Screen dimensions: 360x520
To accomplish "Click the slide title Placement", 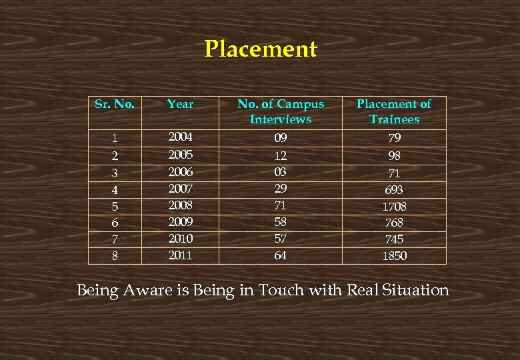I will click(261, 49).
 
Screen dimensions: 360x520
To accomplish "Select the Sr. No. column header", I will click(115, 104).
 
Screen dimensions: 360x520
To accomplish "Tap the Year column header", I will click(180, 104).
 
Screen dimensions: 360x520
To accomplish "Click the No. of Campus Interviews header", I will click(281, 111).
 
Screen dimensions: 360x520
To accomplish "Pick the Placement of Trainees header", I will click(394, 111).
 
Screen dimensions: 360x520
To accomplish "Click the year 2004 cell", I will click(180, 137).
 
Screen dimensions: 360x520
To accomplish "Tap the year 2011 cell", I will click(180, 255).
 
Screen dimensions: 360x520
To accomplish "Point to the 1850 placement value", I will click(394, 256).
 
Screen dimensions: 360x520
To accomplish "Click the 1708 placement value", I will click(394, 207).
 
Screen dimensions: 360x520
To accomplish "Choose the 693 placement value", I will click(394, 190).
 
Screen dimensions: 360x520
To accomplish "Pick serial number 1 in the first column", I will click(115, 139).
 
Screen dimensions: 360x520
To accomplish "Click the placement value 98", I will click(394, 156).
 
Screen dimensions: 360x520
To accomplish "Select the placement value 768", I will click(394, 223).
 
